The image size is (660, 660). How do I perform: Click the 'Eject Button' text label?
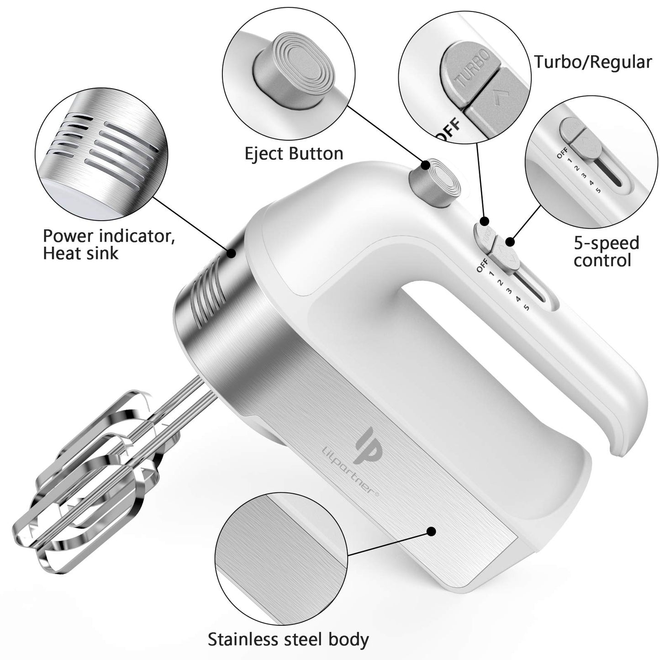click(294, 153)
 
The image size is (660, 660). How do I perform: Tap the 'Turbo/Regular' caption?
click(593, 62)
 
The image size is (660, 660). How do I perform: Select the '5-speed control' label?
click(606, 251)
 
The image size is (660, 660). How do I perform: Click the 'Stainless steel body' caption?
click(288, 640)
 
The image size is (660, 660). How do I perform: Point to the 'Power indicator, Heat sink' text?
click(109, 244)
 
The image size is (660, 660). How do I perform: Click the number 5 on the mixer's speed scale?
click(526, 307)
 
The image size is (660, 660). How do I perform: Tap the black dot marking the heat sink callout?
click(232, 252)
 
